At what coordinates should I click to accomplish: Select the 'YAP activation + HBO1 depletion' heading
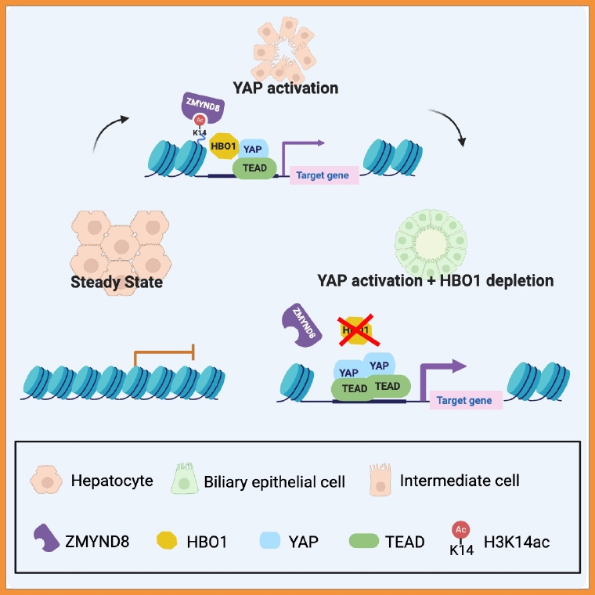(x=435, y=280)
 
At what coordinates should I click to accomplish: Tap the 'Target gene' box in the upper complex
(x=324, y=175)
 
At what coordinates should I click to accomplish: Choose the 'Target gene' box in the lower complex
(x=465, y=400)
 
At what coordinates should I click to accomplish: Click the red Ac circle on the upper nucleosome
(x=200, y=120)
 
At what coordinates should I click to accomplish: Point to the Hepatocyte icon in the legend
(x=45, y=478)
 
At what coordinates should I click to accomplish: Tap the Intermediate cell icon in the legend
(x=378, y=479)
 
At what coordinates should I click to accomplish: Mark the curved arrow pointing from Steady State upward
(x=108, y=133)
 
